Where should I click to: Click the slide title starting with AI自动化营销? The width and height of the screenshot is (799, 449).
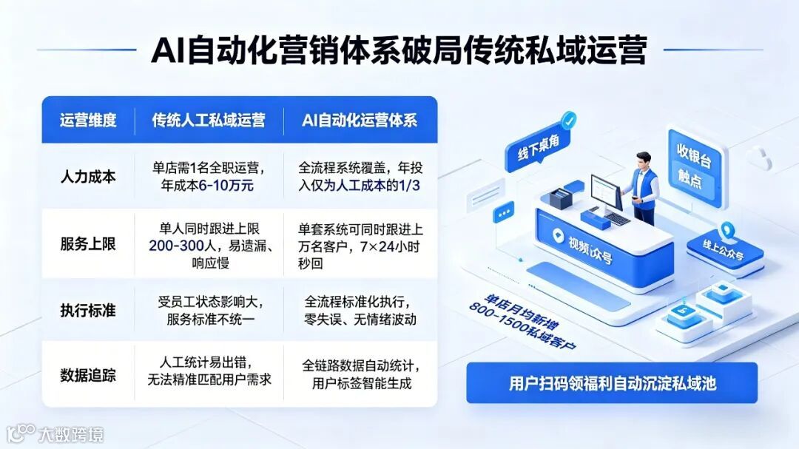click(399, 51)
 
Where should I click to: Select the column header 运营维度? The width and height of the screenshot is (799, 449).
click(88, 120)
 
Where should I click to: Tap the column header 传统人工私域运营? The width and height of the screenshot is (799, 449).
click(209, 120)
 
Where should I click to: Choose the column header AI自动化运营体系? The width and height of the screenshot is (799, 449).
click(360, 120)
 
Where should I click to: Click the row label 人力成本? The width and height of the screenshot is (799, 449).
click(88, 177)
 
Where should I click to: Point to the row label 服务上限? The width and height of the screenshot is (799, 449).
click(88, 243)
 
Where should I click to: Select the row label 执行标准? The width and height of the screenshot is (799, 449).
click(88, 310)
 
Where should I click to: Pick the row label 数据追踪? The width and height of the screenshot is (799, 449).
click(88, 374)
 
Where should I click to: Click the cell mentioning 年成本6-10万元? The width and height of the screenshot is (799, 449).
click(209, 177)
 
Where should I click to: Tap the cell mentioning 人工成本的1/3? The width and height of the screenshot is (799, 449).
click(360, 177)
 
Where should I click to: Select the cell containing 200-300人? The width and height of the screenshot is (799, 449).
click(209, 243)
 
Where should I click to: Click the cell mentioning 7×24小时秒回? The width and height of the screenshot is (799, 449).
click(360, 243)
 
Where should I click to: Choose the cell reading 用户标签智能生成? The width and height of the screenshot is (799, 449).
click(360, 374)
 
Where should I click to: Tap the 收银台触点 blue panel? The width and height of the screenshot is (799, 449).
click(694, 167)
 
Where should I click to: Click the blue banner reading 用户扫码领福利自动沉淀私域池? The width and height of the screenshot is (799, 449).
click(612, 383)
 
